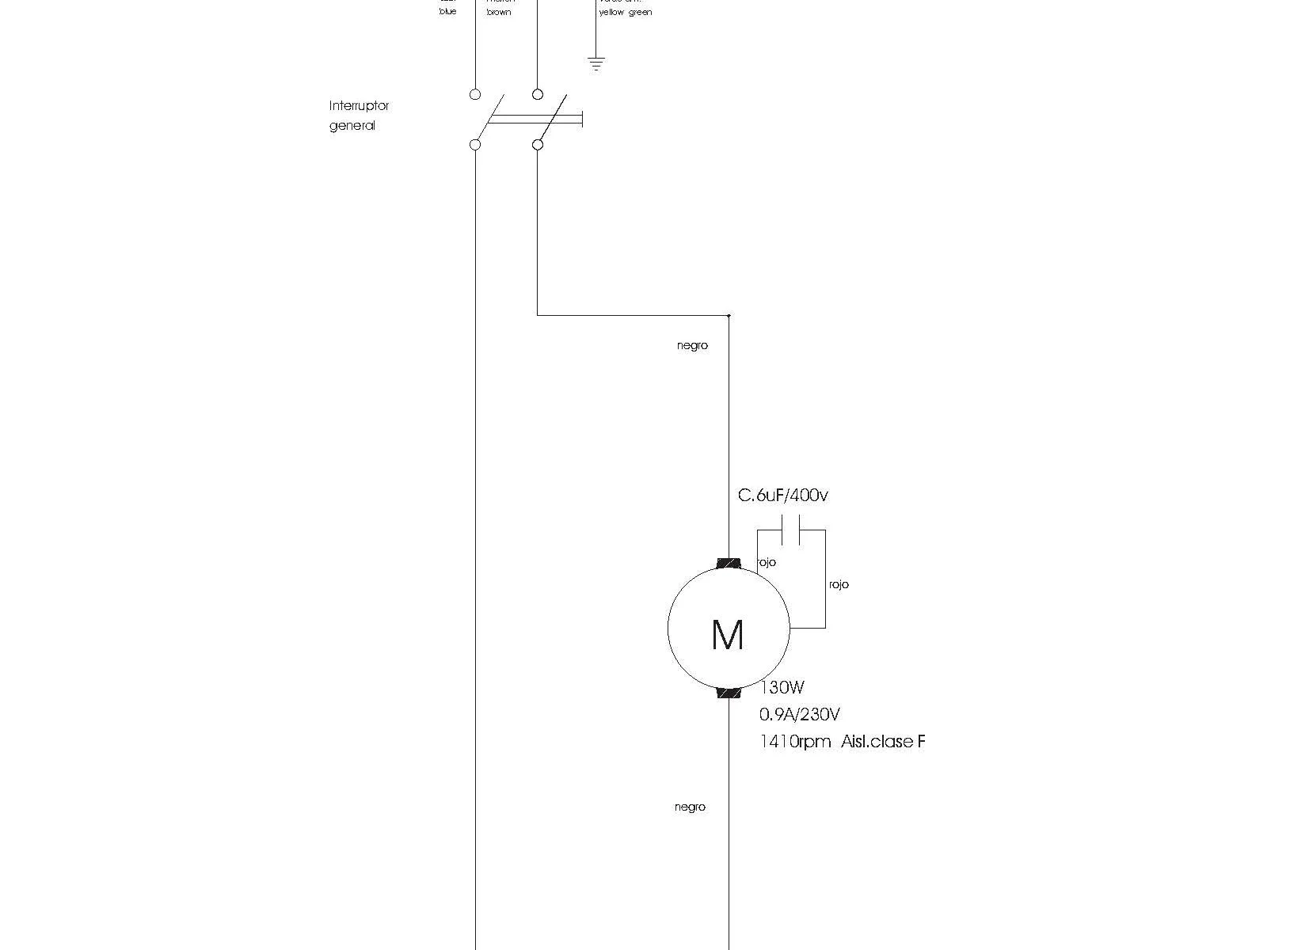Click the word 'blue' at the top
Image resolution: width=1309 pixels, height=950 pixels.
(x=448, y=12)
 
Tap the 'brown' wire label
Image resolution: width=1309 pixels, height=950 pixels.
(x=499, y=13)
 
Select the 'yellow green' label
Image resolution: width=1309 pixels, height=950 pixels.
(x=626, y=13)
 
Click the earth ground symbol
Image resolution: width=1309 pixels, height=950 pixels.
(x=596, y=64)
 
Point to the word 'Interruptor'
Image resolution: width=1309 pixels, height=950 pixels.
(x=359, y=105)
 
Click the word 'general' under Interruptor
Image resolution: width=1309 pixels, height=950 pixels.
(x=352, y=126)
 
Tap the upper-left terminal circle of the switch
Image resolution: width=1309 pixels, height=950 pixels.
(x=475, y=94)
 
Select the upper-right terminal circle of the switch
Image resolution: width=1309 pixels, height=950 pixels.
(x=538, y=94)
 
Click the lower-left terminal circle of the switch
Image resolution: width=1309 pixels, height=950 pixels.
(x=475, y=145)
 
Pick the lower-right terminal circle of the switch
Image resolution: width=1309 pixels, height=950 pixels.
(x=538, y=145)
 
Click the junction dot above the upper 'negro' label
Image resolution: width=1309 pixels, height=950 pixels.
(x=729, y=316)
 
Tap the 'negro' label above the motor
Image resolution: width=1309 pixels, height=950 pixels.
(x=692, y=346)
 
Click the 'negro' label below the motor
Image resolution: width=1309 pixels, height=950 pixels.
(x=690, y=807)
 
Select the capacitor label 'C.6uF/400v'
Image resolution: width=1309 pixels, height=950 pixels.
(x=783, y=496)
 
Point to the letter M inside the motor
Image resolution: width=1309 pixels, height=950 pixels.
(x=728, y=635)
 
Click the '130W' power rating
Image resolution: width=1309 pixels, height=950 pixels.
(x=782, y=688)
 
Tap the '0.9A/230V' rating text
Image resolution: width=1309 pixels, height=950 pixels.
(x=800, y=715)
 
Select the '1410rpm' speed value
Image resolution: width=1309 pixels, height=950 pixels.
(x=795, y=742)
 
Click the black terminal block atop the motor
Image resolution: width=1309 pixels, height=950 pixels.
(x=729, y=564)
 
